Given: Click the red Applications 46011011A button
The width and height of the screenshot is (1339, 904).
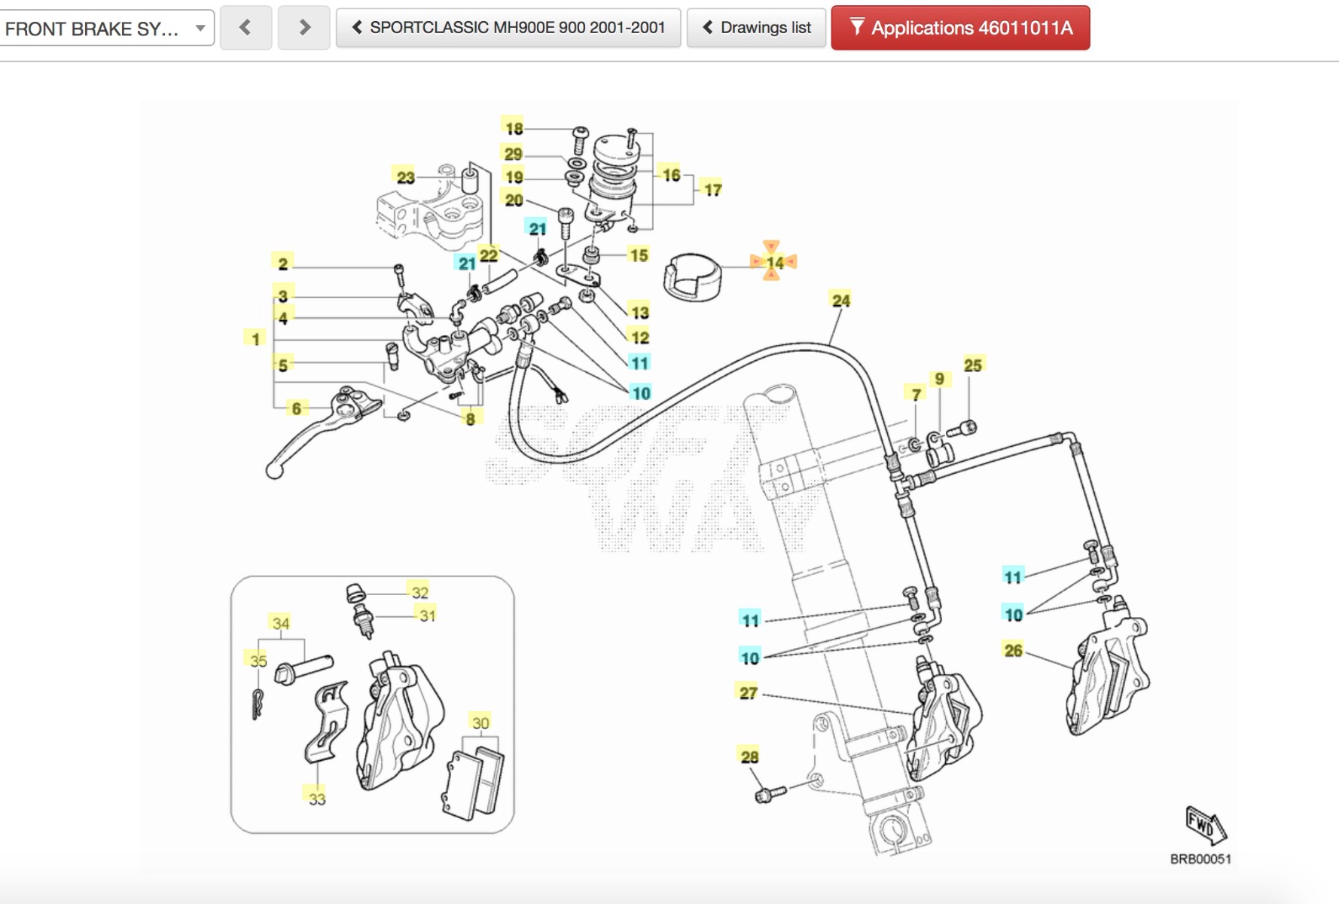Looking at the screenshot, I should click(x=960, y=29).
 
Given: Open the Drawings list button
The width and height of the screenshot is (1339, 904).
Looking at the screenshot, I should click(x=756, y=29).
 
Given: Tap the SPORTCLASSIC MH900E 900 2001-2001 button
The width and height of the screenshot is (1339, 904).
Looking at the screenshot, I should click(x=508, y=29).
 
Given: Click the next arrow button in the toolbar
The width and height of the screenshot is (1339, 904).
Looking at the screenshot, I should click(x=303, y=29).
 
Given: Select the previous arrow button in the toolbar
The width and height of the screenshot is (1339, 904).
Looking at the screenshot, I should click(x=246, y=29).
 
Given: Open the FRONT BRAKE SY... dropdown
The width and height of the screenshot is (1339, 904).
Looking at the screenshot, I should click(x=105, y=29).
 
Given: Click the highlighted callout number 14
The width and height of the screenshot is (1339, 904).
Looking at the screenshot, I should click(x=774, y=262).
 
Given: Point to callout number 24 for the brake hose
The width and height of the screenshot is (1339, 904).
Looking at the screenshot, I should click(x=840, y=300).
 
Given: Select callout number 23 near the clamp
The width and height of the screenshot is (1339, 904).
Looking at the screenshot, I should click(x=405, y=177).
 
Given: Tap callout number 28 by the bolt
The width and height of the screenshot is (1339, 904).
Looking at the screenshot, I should click(x=749, y=756).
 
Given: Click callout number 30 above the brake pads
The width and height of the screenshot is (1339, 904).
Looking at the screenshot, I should click(x=480, y=722).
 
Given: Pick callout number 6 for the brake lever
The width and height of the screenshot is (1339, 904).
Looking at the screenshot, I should click(x=297, y=408).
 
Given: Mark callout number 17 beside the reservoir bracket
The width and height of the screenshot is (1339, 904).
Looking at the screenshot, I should click(x=712, y=189).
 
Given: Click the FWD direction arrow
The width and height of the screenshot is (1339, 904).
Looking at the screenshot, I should click(x=1205, y=826).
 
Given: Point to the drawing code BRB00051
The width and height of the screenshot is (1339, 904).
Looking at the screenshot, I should click(x=1200, y=859).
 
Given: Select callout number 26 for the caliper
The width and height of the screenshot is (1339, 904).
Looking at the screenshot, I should click(x=1013, y=650).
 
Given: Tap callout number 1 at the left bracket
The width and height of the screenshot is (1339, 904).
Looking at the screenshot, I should click(x=255, y=338).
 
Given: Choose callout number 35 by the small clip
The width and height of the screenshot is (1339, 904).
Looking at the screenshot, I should click(x=258, y=661).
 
